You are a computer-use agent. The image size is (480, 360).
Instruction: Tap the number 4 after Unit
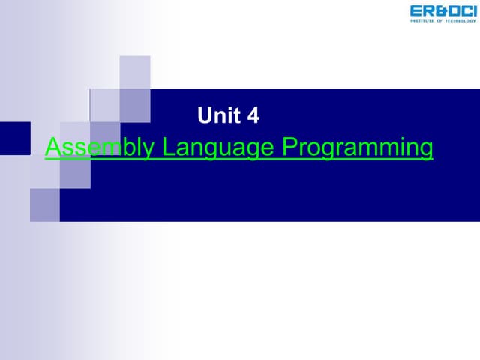253,115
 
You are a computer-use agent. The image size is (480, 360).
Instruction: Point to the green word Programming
358,148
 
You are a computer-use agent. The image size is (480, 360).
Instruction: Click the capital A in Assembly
52,147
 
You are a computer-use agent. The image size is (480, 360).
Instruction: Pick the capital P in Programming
289,147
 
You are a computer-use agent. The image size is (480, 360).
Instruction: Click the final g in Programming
425,150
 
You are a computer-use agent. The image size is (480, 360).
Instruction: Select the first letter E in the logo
415,10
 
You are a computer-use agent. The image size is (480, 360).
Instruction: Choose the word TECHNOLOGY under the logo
460,20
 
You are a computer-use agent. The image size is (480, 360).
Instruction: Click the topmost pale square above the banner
135,72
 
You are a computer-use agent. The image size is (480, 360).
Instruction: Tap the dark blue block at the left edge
14,138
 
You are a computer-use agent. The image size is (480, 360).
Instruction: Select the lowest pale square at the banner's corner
44,205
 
